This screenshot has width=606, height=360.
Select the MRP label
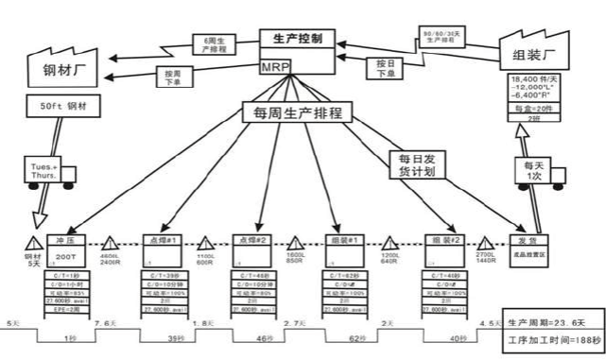click(276, 67)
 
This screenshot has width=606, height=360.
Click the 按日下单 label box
click(384, 68)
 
